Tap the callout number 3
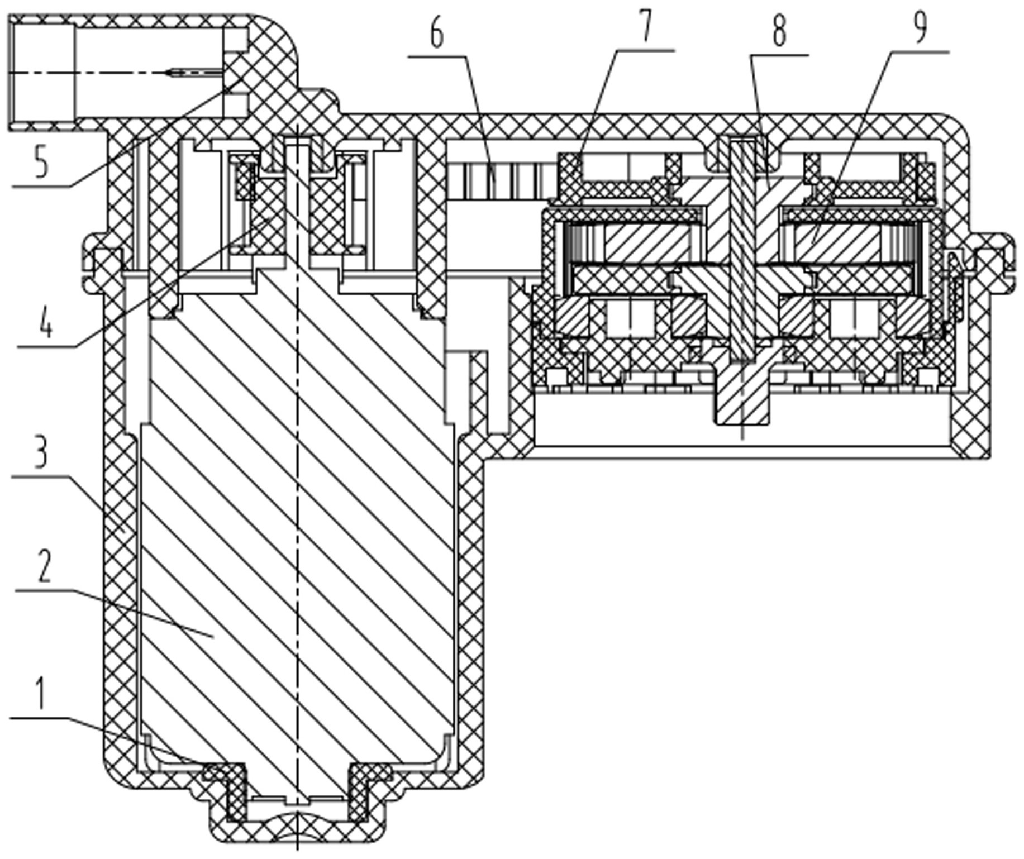coord(40,452)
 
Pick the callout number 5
coord(41,161)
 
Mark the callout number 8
coord(780,31)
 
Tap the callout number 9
coord(920,27)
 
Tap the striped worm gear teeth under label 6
coord(503,179)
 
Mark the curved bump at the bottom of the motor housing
coord(298,821)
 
